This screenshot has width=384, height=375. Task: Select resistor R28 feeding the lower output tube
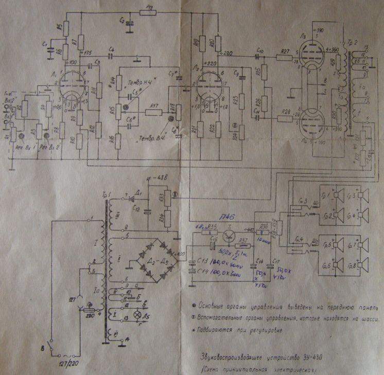point(285,119)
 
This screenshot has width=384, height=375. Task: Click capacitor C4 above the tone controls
point(112,53)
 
